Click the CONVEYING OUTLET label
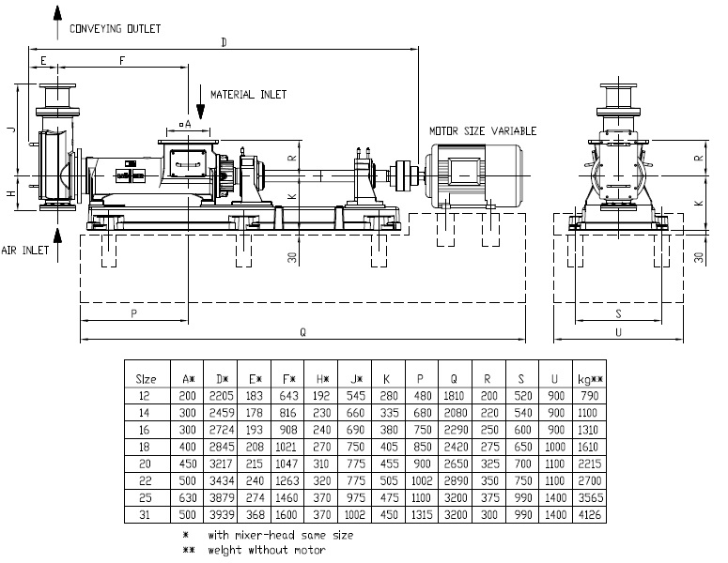pos(116,29)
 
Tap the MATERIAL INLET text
pos(248,95)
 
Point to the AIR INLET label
pos(25,251)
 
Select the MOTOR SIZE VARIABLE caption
pos(483,131)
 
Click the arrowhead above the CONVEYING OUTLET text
pos(57,12)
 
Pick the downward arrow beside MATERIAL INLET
pos(201,102)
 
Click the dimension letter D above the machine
pos(224,42)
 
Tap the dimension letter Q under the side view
pos(302,332)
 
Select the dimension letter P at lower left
pos(133,313)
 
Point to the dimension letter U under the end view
pos(618,332)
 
